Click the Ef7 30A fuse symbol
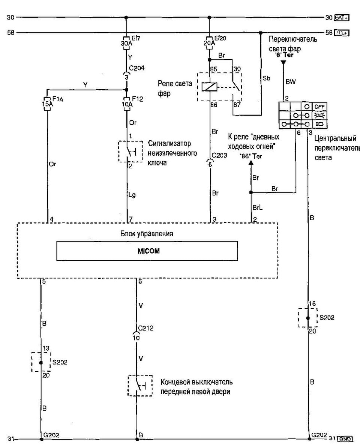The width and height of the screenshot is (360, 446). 126,41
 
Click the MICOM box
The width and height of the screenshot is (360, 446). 147,251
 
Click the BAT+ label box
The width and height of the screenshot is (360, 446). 341,17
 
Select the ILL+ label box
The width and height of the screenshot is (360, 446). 341,33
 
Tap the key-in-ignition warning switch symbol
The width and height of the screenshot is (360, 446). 130,152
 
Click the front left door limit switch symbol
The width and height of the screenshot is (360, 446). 140,386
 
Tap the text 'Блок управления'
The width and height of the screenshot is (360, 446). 147,233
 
